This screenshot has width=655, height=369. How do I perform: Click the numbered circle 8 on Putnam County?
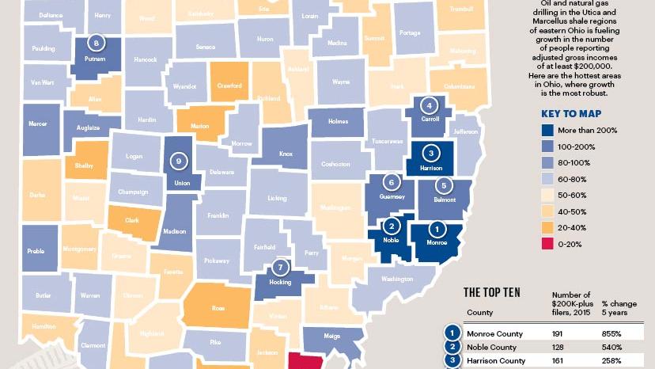tap(97, 43)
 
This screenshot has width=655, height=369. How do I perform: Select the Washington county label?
tap(397, 279)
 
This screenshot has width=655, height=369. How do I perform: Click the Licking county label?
tap(277, 198)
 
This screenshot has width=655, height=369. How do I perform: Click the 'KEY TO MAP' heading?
tap(569, 113)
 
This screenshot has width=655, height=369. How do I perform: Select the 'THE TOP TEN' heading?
tap(491, 291)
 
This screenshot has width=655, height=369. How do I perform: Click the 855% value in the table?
tap(612, 333)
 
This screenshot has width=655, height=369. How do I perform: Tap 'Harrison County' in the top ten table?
tap(497, 360)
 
